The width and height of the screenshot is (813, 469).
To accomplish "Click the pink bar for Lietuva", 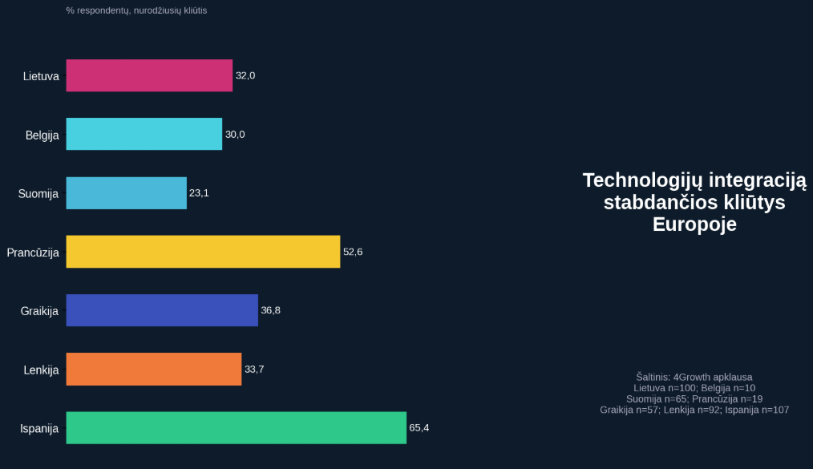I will pyautogui.click(x=149, y=75).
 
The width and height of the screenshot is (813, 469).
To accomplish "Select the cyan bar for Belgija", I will pyautogui.click(x=144, y=134).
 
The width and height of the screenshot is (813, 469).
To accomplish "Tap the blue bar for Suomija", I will pyautogui.click(x=126, y=193).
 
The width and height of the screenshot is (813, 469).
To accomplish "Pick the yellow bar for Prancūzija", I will pyautogui.click(x=203, y=252).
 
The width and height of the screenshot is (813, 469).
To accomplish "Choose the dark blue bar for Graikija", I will pyautogui.click(x=162, y=310).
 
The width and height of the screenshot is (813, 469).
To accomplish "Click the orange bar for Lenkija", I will pyautogui.click(x=153, y=369).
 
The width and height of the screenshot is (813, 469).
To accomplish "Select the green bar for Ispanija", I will pyautogui.click(x=236, y=428).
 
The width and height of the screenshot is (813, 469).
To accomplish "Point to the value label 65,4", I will pyautogui.click(x=419, y=428).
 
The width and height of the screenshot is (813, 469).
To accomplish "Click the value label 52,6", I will pyautogui.click(x=353, y=252).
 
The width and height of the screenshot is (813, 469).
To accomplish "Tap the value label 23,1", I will pyautogui.click(x=199, y=193).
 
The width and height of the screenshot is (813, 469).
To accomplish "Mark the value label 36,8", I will pyautogui.click(x=271, y=310).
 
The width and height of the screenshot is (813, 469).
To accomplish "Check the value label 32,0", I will pyautogui.click(x=245, y=75).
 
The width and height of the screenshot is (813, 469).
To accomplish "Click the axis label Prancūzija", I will pyautogui.click(x=33, y=253).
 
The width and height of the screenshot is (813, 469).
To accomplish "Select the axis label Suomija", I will pyautogui.click(x=38, y=194).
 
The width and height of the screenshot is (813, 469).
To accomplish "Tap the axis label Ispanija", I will pyautogui.click(x=39, y=429).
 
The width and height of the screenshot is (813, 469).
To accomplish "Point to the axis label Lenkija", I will pyautogui.click(x=41, y=370).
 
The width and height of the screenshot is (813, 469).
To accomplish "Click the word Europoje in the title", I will pyautogui.click(x=694, y=224).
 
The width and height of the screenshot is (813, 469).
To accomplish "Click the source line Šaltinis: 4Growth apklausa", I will pyautogui.click(x=694, y=377).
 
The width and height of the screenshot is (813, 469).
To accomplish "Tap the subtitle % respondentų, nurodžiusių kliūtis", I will pyautogui.click(x=136, y=10).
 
